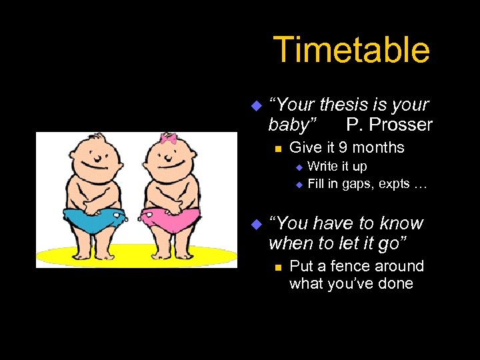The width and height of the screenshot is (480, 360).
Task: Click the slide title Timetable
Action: pos(351,50)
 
